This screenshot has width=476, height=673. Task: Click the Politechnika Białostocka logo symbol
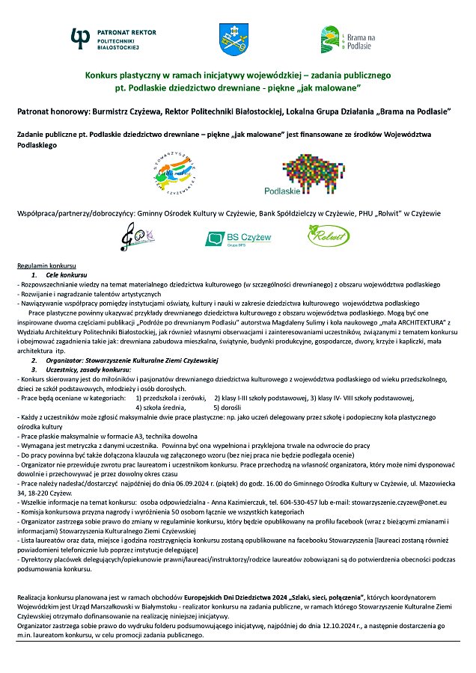point(81,37)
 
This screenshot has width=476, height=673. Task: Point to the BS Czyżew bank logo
point(239,239)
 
